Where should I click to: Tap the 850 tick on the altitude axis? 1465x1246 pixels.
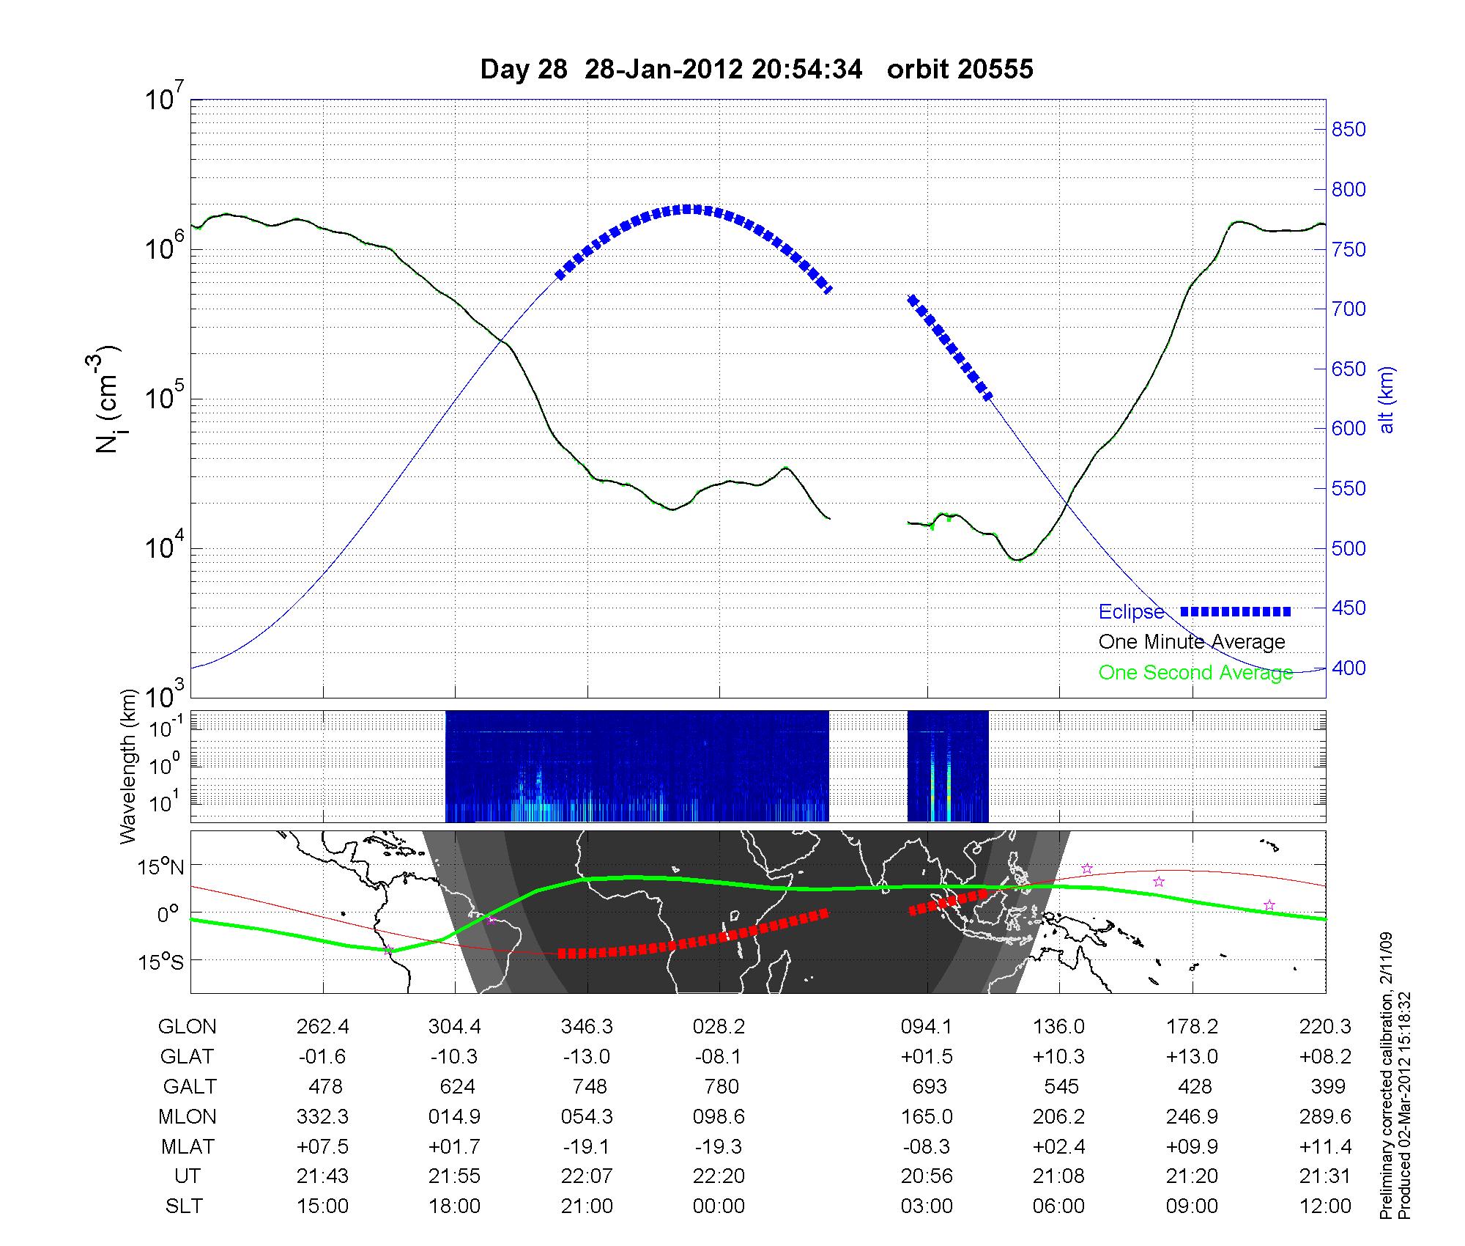pyautogui.click(x=1349, y=130)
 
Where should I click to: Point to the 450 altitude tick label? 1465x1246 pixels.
pyautogui.click(x=1349, y=608)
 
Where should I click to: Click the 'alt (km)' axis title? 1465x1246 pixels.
pyautogui.click(x=1387, y=400)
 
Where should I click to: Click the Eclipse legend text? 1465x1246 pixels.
pyautogui.click(x=1131, y=612)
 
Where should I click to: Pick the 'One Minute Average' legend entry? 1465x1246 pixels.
pyautogui.click(x=1192, y=642)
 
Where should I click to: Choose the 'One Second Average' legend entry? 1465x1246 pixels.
pyautogui.click(x=1195, y=673)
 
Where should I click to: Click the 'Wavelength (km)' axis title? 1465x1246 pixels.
pyautogui.click(x=130, y=767)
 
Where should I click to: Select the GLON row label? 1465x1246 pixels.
pyautogui.click(x=187, y=1027)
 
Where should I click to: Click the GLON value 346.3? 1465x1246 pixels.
pyautogui.click(x=587, y=1027)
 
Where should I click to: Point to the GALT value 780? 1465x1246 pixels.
pyautogui.click(x=721, y=1086)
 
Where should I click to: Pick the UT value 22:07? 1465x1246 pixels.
pyautogui.click(x=587, y=1176)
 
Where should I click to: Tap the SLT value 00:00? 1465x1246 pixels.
pyautogui.click(x=719, y=1206)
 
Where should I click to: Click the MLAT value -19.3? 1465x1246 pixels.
pyautogui.click(x=719, y=1146)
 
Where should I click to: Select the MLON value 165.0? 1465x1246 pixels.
pyautogui.click(x=927, y=1116)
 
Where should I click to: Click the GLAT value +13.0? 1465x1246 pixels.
pyautogui.click(x=1193, y=1057)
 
